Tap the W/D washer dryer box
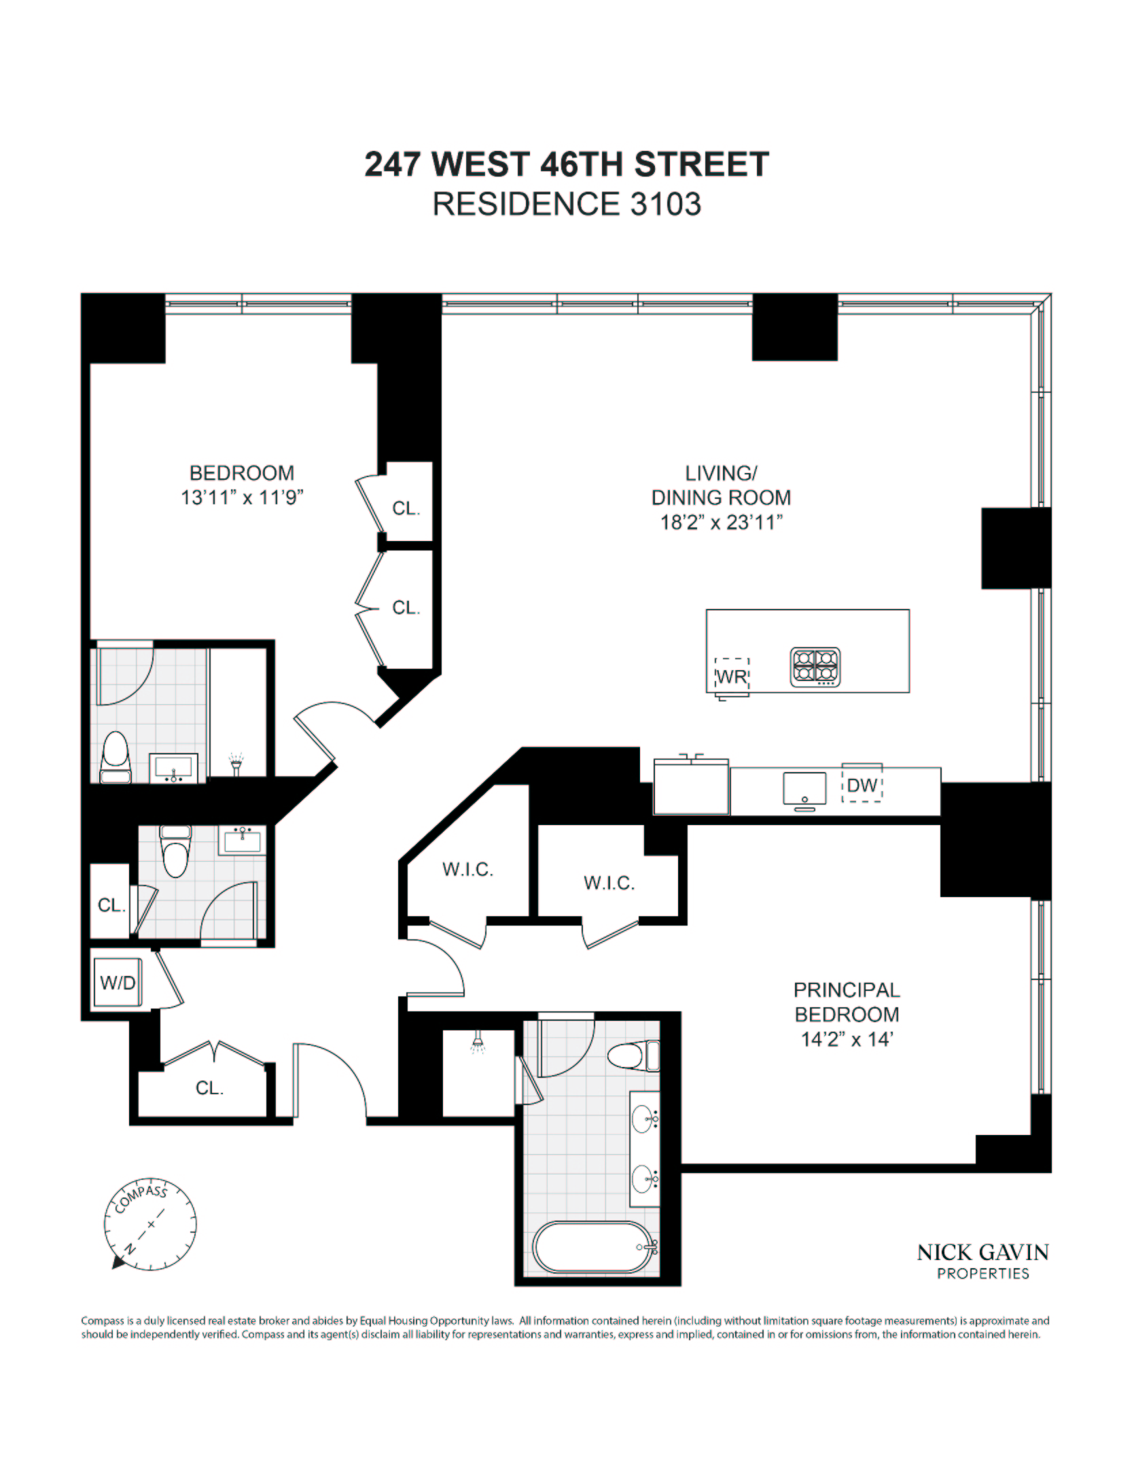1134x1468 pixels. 118,982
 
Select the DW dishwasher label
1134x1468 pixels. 862,786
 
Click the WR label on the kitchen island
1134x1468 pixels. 732,676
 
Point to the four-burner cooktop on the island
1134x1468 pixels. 815,666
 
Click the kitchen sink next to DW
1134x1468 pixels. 804,788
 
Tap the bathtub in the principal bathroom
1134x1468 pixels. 596,1247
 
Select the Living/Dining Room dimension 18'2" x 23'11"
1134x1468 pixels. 721,523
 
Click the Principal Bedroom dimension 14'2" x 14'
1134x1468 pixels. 846,1040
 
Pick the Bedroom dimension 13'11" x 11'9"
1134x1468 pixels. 241,497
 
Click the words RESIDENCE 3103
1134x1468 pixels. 567,204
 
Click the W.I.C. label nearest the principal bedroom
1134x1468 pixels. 609,883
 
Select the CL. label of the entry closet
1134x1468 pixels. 209,1088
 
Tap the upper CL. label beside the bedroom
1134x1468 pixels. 406,508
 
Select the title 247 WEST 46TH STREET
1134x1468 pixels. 567,164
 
